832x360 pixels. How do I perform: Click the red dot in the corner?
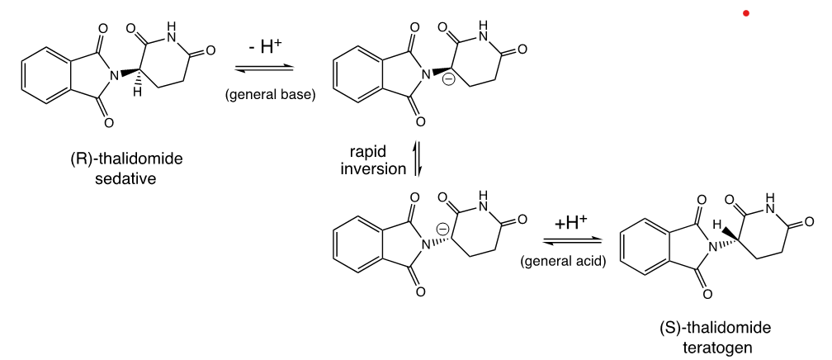[x=746, y=13]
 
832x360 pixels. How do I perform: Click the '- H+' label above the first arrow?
[x=266, y=47]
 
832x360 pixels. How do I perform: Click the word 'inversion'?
[x=374, y=169]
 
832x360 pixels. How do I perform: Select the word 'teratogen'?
[x=716, y=347]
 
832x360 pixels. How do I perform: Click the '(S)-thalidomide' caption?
[x=716, y=329]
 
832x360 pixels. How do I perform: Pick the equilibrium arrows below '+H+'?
[x=570, y=241]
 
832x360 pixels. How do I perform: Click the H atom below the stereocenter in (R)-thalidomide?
[x=138, y=92]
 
